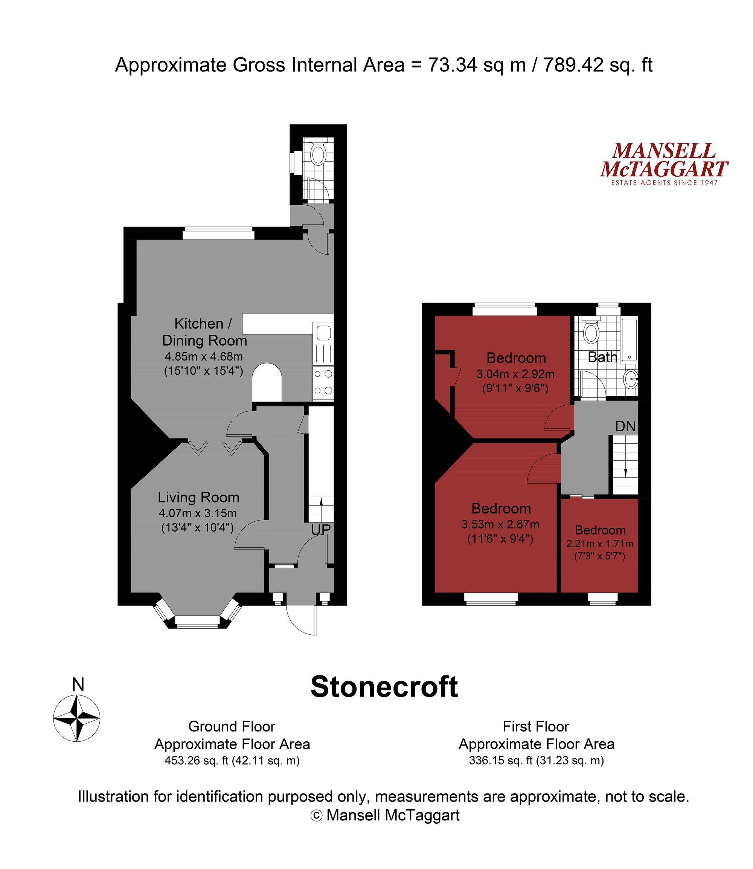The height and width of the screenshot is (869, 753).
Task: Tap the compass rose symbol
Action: click(76, 719)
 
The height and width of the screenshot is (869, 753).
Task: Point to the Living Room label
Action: click(198, 497)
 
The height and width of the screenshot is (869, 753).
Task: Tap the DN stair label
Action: click(625, 426)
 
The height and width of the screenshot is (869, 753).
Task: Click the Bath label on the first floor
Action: click(602, 357)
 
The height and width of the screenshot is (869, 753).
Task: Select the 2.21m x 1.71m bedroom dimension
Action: click(600, 544)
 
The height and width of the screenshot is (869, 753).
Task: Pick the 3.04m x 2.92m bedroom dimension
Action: click(515, 374)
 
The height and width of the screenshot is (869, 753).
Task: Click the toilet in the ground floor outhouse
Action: click(318, 154)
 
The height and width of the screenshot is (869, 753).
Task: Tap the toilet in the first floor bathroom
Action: click(591, 333)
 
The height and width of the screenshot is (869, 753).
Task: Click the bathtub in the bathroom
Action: click(629, 340)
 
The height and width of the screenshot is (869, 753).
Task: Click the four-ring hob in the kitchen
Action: click(323, 382)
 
